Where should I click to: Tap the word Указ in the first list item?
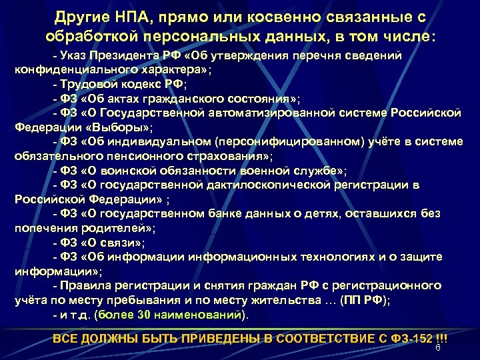point(79,55)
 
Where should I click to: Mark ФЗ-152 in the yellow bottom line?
point(410,338)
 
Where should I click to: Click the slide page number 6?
point(438,348)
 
